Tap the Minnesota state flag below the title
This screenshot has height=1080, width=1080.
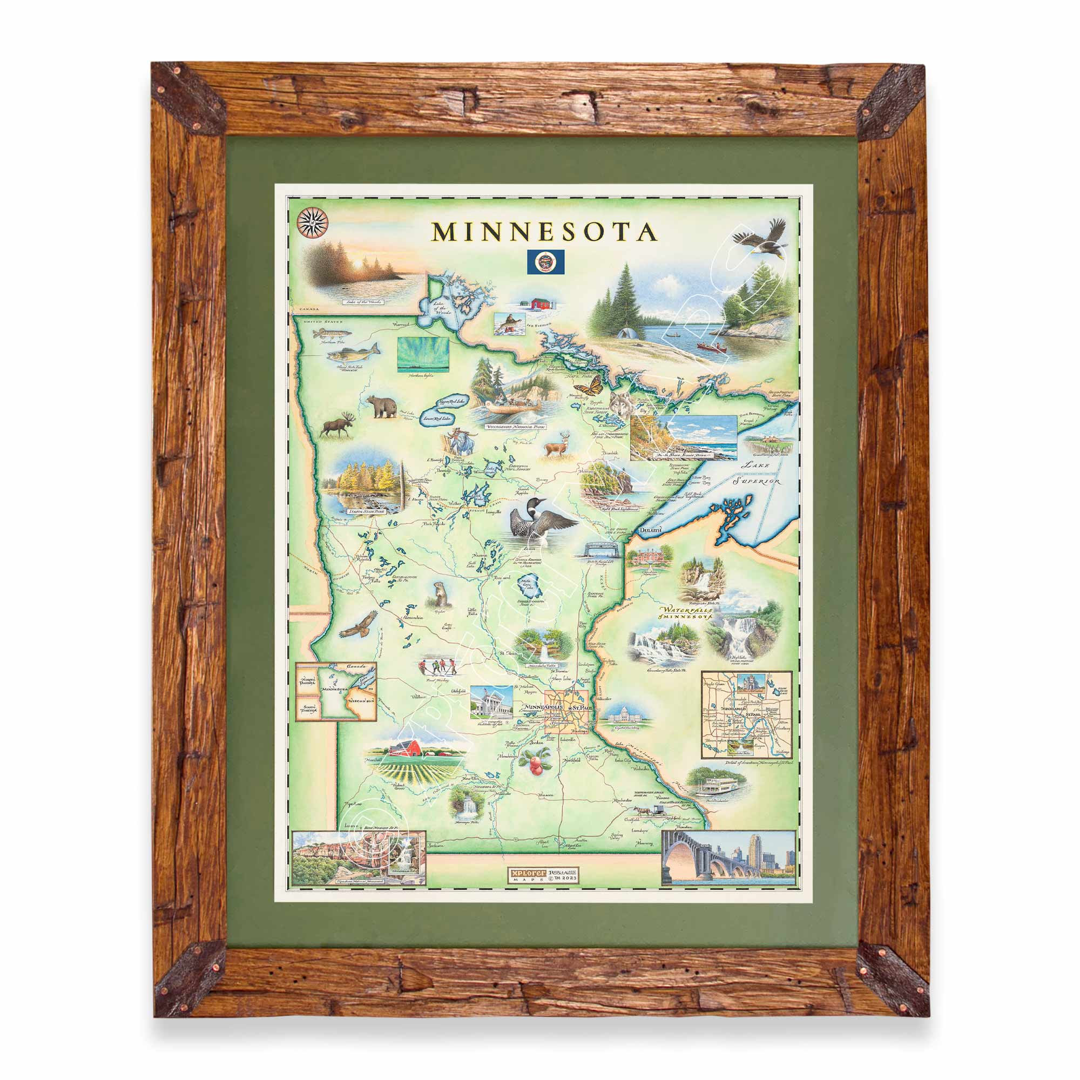pos(545,261)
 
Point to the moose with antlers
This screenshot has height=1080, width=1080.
pos(340,427)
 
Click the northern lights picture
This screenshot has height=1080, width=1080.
pos(422,354)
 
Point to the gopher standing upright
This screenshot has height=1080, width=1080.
pos(438,593)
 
